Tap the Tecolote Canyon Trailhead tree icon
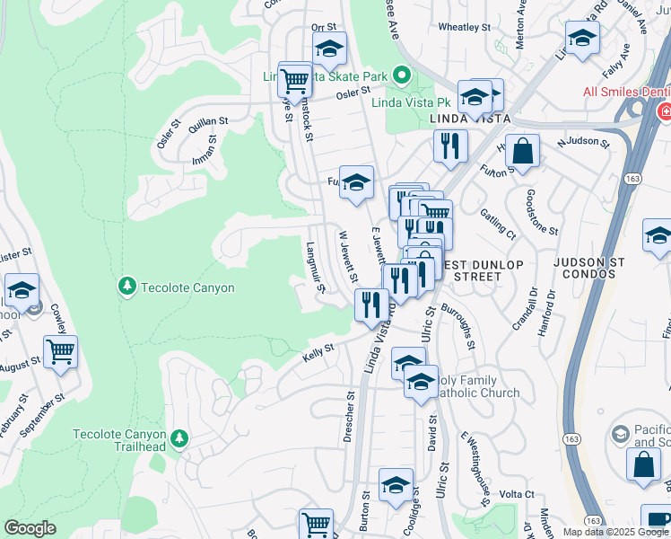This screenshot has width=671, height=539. pyautogui.click(x=179, y=437)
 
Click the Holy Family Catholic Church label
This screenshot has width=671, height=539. pyautogui.click(x=475, y=386)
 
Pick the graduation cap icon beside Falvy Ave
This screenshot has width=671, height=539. pyautogui.click(x=582, y=39)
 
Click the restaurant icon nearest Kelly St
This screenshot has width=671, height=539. pyautogui.click(x=370, y=304)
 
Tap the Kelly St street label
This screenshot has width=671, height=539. pyautogui.click(x=318, y=352)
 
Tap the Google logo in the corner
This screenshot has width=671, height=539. pyautogui.click(x=30, y=528)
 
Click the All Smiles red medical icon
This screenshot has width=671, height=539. pyautogui.click(x=665, y=111)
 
